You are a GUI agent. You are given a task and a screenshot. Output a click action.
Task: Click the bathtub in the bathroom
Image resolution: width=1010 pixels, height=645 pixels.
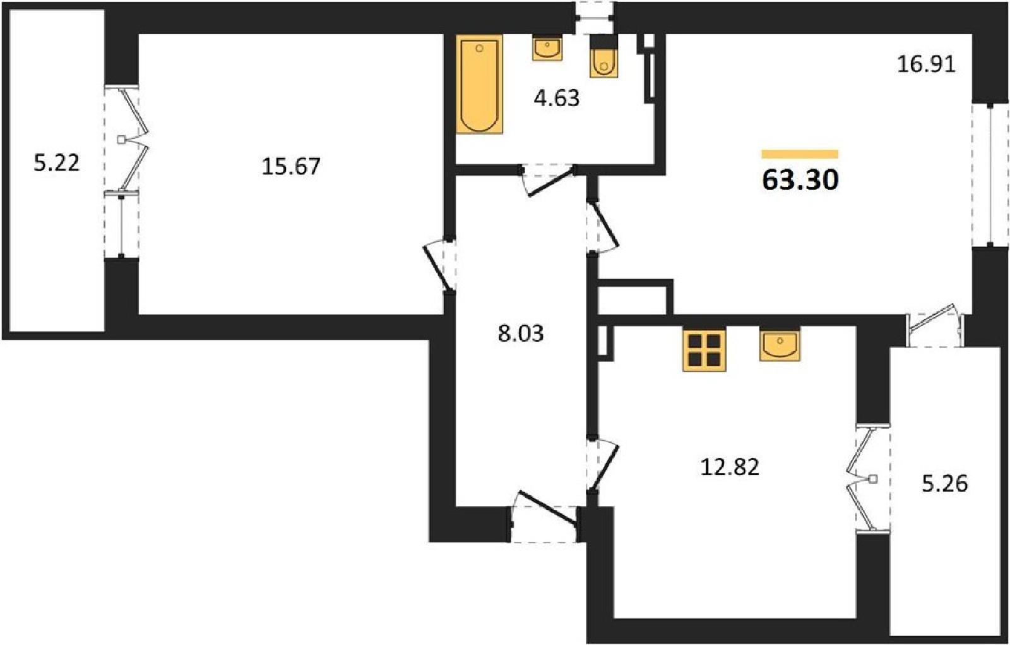[x=479, y=85]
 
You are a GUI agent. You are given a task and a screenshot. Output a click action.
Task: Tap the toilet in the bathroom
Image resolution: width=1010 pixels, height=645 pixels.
[x=603, y=57]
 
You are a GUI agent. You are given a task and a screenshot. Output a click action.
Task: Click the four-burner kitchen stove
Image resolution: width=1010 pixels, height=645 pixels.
[x=704, y=350]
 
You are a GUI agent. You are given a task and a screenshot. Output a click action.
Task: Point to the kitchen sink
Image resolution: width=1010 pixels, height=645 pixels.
[x=780, y=344]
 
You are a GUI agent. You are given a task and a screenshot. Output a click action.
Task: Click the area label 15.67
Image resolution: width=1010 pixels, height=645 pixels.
[x=291, y=166]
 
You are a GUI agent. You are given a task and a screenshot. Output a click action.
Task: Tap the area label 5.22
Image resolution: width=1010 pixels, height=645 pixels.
[x=57, y=163]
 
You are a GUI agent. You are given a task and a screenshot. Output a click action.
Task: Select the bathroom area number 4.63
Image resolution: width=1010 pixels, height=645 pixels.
[x=556, y=99]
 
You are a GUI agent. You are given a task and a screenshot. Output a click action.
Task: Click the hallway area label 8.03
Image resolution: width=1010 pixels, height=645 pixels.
[x=521, y=334]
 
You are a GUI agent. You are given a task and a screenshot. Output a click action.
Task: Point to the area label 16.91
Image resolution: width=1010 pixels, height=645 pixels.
[x=927, y=64]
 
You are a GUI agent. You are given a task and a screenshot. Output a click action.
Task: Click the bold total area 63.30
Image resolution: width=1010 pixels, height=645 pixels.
[x=800, y=180]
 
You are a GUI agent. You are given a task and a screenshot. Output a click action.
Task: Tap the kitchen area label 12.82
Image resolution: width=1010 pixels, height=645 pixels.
[x=730, y=467]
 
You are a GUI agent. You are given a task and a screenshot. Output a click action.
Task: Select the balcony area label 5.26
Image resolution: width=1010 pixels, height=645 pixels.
[x=945, y=485]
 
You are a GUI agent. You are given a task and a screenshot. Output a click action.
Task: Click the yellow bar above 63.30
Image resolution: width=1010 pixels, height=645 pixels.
[x=800, y=154]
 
